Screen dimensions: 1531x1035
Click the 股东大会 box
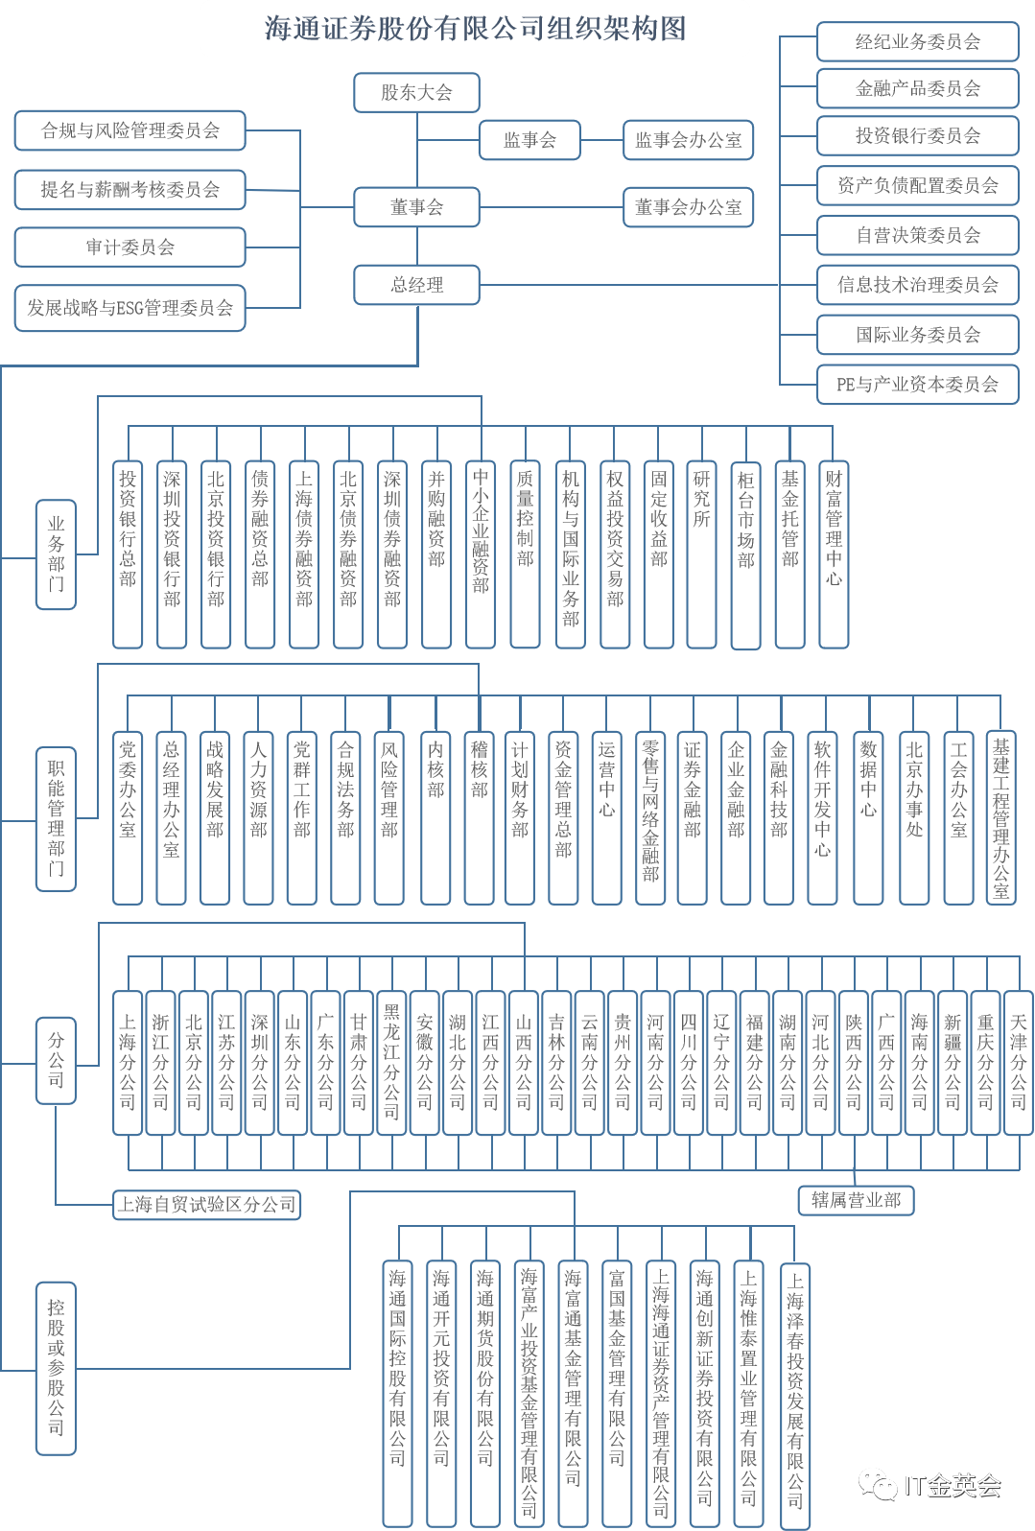tap(416, 92)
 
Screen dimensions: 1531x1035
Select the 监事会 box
tap(529, 140)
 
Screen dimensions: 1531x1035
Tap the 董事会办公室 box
tap(688, 207)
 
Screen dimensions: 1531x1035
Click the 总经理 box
tap(416, 285)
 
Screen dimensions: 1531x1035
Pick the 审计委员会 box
tap(129, 247)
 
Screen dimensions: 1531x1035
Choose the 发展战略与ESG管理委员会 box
tap(129, 308)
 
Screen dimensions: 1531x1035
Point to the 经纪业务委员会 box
tap(917, 42)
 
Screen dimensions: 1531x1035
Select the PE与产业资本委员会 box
tap(917, 385)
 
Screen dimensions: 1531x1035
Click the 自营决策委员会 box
tap(917, 235)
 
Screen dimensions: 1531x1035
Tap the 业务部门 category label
tap(56, 554)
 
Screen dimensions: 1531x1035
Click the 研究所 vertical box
tap(702, 554)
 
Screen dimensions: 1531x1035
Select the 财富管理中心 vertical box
tap(834, 554)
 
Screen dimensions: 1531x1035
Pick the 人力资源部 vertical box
tap(258, 817)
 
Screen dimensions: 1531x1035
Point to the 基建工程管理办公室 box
tap(1000, 817)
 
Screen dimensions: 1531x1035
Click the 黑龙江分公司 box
tap(391, 1063)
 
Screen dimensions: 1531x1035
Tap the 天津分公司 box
tap(1018, 1063)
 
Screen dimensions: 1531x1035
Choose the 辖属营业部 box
tap(856, 1200)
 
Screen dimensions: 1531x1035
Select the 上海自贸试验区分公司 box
tap(206, 1205)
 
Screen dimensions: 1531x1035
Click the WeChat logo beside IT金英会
tap(878, 1484)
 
